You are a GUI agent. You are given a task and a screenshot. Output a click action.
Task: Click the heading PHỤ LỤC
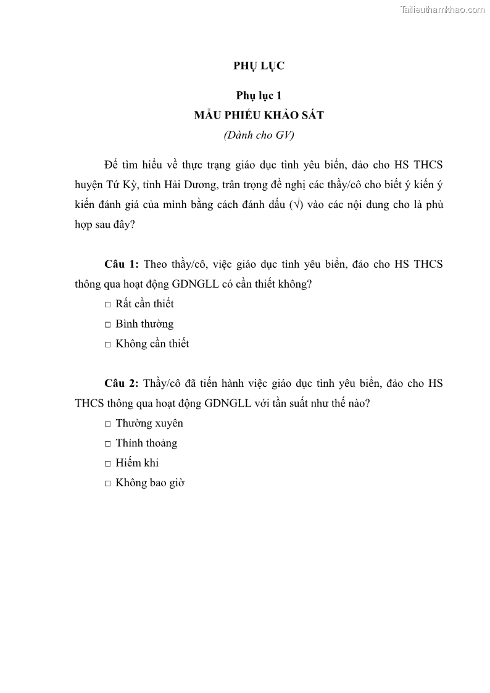point(259,66)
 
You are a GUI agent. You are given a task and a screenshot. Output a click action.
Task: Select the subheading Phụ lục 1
point(259,95)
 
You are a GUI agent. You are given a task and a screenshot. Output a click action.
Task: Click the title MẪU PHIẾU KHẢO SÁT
point(259,115)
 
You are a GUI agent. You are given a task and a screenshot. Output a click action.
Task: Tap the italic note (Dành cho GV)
point(259,135)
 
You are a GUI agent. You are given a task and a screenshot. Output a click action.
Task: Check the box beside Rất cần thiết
point(108,304)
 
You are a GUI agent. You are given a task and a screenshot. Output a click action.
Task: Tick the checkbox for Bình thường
point(108,325)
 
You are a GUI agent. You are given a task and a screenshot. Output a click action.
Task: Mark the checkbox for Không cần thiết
point(108,344)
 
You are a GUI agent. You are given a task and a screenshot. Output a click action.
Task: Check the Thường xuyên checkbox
point(108,424)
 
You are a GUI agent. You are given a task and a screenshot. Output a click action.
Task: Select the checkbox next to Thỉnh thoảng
point(108,444)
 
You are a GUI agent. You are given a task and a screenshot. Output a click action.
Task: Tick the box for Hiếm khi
point(108,463)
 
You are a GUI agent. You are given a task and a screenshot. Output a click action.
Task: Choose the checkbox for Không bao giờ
point(108,483)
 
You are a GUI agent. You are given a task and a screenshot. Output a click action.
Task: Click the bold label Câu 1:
point(122,264)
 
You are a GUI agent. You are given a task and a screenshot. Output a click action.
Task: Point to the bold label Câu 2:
point(122,383)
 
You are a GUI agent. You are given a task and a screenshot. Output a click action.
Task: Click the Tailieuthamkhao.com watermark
point(442,10)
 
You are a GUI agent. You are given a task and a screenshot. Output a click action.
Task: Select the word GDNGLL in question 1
point(227,284)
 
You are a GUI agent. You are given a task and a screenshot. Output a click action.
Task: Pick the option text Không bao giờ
point(150,483)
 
